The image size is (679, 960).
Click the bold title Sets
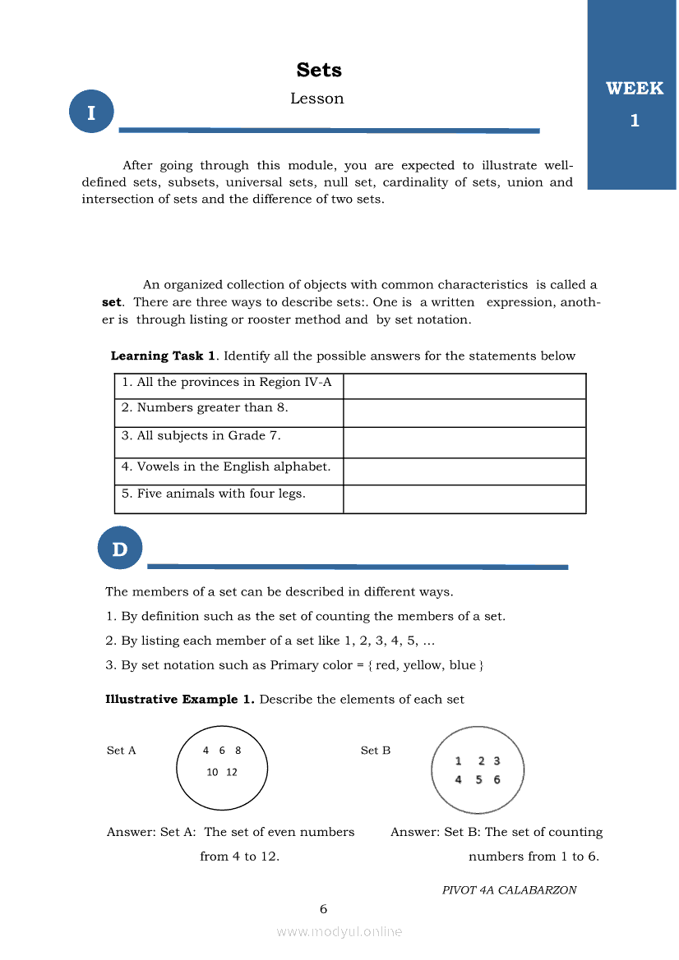(x=319, y=71)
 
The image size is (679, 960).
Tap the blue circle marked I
(x=91, y=113)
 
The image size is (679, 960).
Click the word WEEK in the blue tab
(x=634, y=89)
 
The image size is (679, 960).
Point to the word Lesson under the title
(x=316, y=99)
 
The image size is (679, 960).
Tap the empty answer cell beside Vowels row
(x=464, y=471)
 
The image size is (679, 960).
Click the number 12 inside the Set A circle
(x=231, y=772)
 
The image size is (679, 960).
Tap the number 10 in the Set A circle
(x=212, y=772)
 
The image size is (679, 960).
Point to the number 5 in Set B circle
(x=478, y=779)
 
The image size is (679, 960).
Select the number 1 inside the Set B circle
(x=458, y=761)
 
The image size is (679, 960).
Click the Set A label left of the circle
(x=122, y=751)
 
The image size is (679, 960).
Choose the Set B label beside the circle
(x=376, y=751)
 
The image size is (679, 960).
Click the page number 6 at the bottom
(x=323, y=909)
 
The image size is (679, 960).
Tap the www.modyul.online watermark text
(x=339, y=932)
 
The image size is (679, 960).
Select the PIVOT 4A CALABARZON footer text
(x=509, y=890)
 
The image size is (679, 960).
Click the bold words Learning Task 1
(x=164, y=356)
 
